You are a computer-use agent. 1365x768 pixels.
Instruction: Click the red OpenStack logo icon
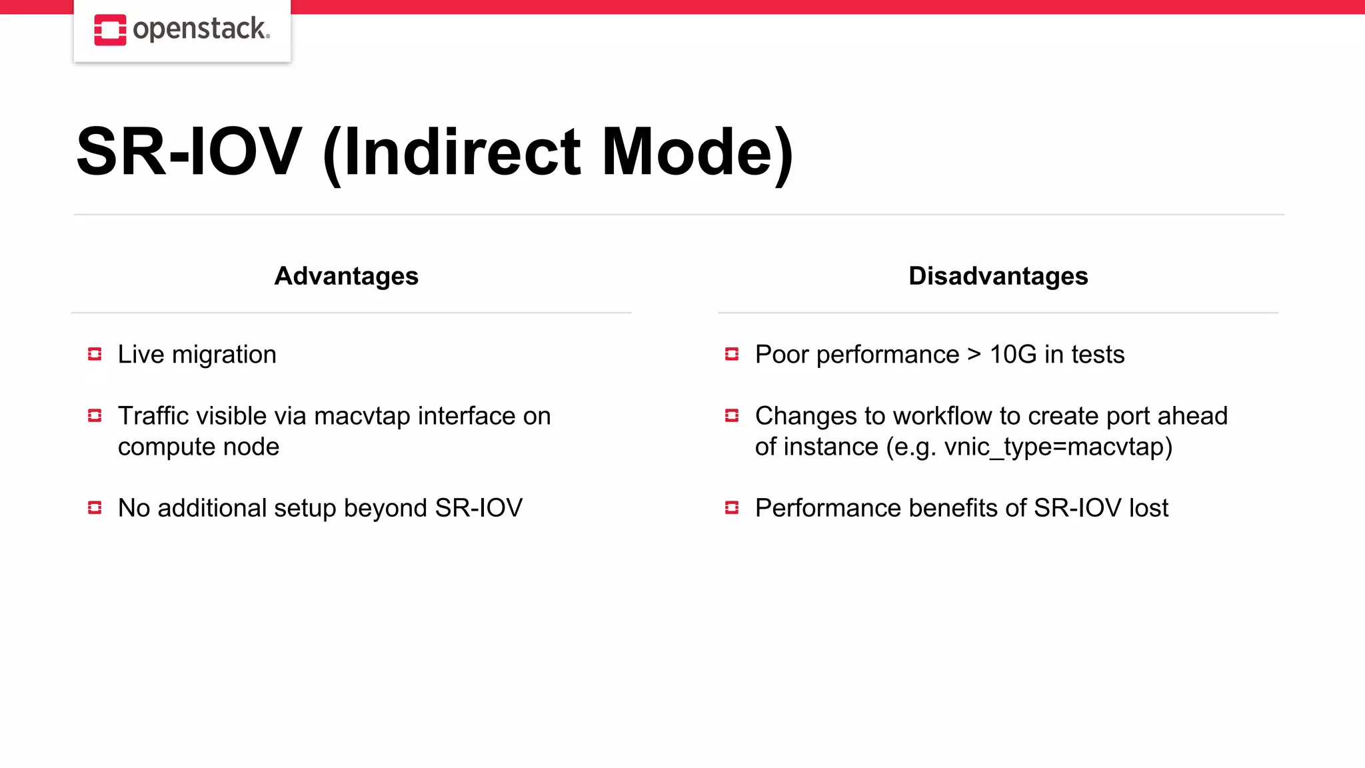pos(110,30)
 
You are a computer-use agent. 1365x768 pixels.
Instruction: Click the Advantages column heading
pos(346,276)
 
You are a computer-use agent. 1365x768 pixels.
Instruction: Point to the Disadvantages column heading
pos(998,276)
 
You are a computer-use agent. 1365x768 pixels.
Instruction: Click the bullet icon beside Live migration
pos(95,354)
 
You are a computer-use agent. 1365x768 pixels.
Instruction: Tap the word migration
pos(224,355)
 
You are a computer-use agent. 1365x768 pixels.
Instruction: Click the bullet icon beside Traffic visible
pos(95,416)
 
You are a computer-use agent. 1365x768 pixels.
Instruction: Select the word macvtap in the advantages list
pos(362,416)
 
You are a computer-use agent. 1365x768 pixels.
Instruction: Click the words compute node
pos(199,447)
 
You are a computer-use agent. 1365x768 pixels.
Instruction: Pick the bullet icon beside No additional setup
pos(95,508)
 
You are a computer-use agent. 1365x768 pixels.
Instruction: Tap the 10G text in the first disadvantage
pos(1012,355)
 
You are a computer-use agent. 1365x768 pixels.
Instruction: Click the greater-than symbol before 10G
pos(974,355)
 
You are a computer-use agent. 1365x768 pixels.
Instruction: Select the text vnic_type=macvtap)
pos(1058,447)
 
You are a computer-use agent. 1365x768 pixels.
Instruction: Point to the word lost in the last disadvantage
pos(1148,508)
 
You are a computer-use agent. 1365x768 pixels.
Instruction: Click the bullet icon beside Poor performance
pos(732,354)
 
